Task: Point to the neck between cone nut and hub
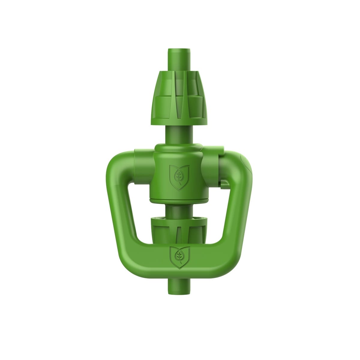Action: coord(179,133)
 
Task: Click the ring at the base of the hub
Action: coord(179,200)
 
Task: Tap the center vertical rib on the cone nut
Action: coord(179,99)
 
